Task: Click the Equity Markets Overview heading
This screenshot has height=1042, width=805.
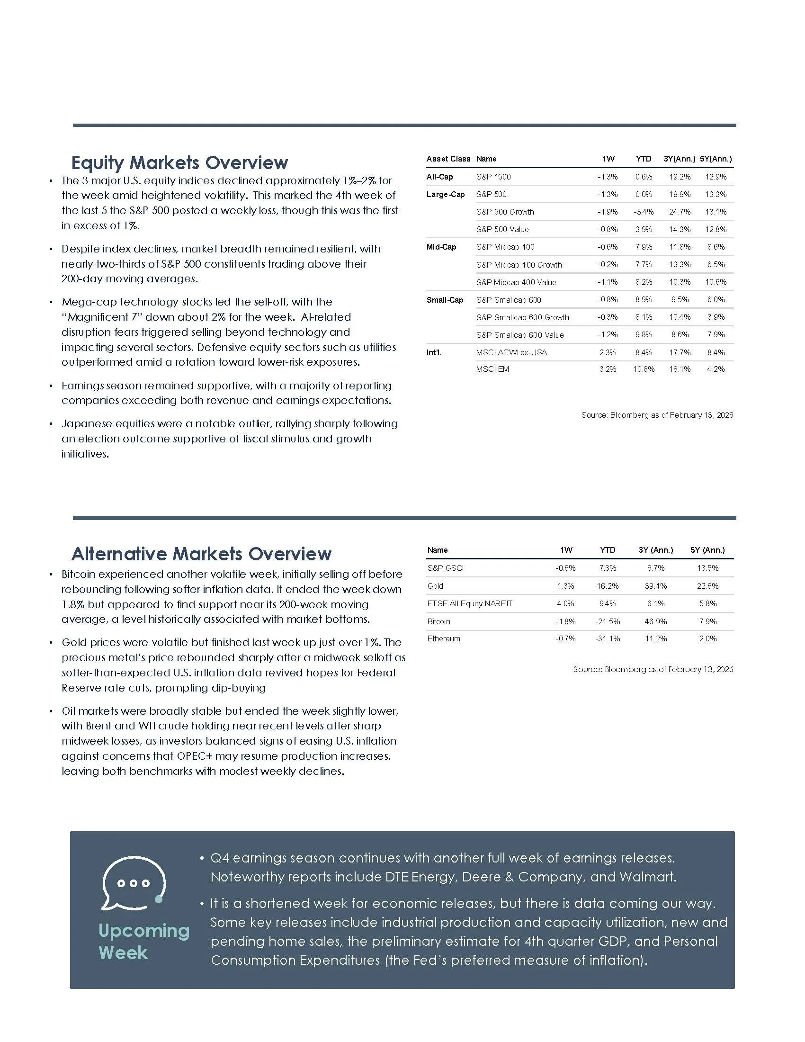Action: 179,162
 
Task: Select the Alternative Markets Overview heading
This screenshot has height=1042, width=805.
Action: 201,554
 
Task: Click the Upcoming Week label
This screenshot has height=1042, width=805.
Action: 143,941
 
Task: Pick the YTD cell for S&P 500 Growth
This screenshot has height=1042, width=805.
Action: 644,212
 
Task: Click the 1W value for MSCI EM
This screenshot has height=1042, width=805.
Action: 608,369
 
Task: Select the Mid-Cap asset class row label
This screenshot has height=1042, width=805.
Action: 441,247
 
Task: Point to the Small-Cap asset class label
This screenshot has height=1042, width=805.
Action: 445,300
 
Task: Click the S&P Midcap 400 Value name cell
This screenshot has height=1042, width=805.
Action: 516,282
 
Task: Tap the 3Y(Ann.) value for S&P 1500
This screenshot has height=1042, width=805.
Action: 680,177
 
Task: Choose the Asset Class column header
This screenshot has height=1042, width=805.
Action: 448,159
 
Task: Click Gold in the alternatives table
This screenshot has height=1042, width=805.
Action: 435,586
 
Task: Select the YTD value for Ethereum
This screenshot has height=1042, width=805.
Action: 608,639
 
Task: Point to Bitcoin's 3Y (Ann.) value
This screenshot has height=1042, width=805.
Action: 656,622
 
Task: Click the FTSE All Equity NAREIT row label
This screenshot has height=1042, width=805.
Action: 470,603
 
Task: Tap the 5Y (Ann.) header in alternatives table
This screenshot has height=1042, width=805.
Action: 707,550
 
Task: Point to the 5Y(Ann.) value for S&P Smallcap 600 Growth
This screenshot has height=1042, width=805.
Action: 716,317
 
